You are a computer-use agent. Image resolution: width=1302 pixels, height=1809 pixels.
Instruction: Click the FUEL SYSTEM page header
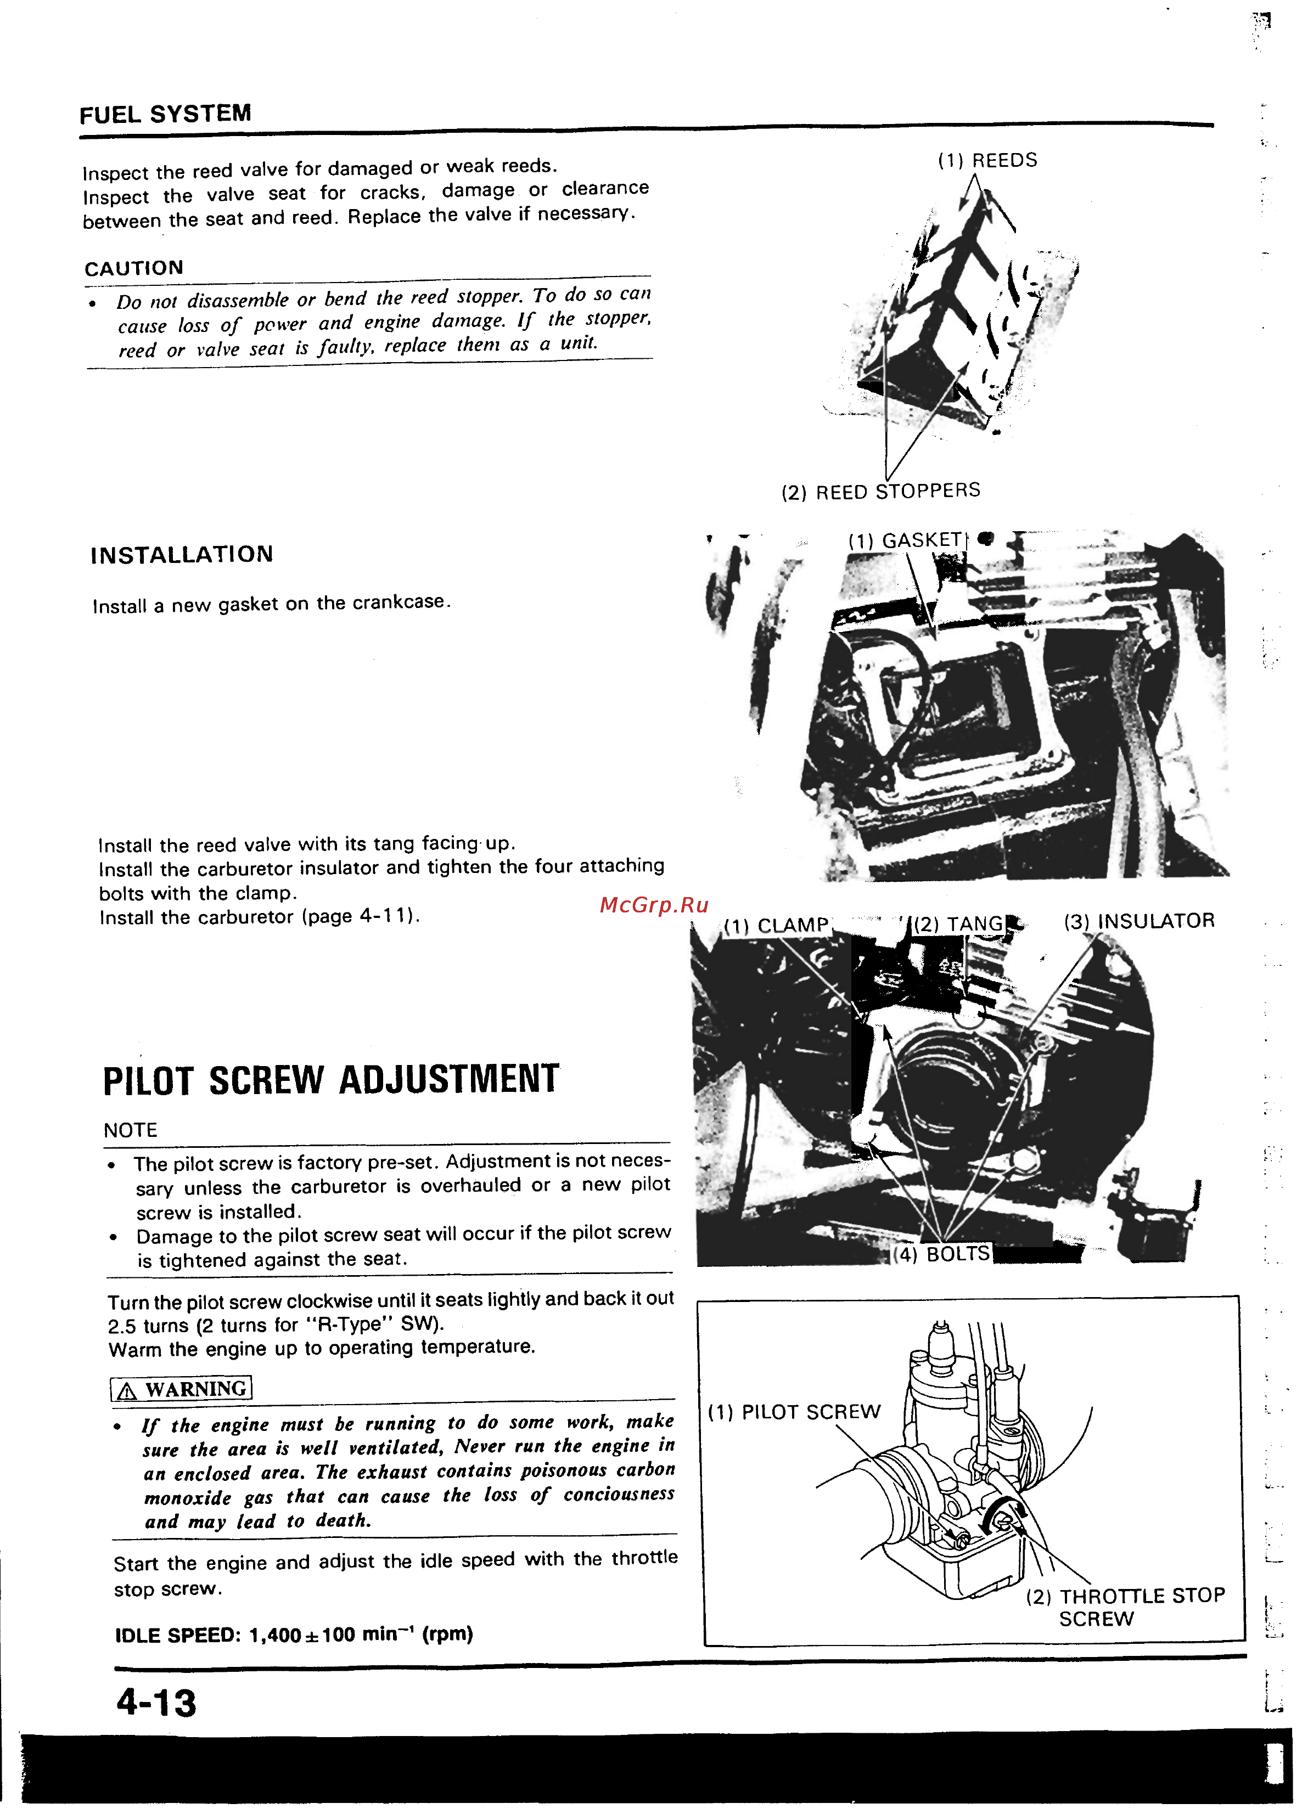point(165,114)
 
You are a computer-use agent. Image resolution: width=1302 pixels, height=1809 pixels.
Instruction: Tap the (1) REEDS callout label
point(987,160)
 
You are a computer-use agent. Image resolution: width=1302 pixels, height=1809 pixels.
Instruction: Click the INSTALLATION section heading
point(182,554)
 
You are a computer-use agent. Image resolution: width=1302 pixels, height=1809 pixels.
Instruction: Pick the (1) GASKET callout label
point(906,540)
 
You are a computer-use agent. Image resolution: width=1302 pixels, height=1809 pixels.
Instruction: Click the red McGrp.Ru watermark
point(653,904)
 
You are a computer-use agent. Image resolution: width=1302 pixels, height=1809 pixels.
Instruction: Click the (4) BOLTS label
point(941,1254)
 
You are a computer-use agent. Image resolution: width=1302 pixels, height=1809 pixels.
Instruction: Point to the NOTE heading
point(130,1130)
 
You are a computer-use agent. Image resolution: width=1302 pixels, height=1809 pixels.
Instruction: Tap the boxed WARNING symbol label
point(181,1389)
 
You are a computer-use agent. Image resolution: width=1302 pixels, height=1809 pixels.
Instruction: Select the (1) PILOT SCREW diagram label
point(794,1412)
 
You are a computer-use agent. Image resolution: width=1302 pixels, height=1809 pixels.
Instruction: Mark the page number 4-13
point(156,1703)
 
